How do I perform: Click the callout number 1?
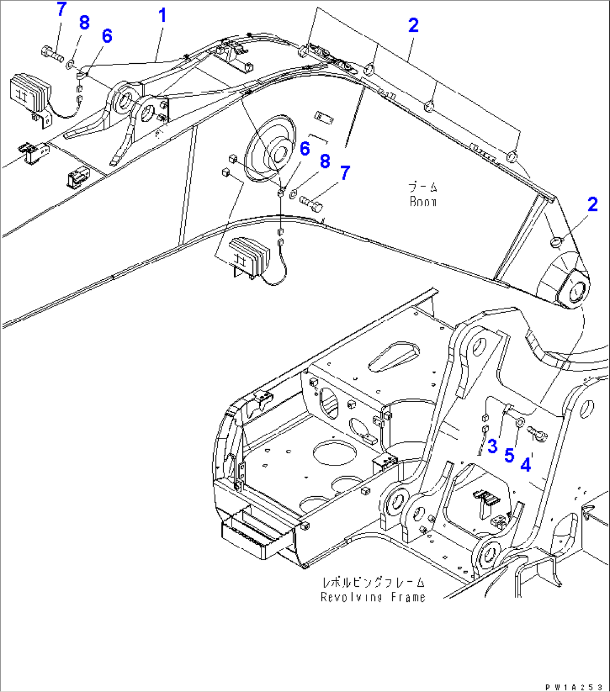tap(162, 15)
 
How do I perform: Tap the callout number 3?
tap(492, 446)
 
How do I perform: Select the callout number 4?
tap(526, 465)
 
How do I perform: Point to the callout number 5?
tap(509, 455)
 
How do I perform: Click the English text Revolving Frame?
tap(373, 597)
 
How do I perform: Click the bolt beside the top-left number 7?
tap(51, 54)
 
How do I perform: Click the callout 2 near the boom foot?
tap(593, 204)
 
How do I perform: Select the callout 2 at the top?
tap(413, 25)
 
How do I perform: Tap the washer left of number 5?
tap(519, 422)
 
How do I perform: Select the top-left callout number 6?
tap(106, 36)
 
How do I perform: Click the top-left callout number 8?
tap(83, 23)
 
